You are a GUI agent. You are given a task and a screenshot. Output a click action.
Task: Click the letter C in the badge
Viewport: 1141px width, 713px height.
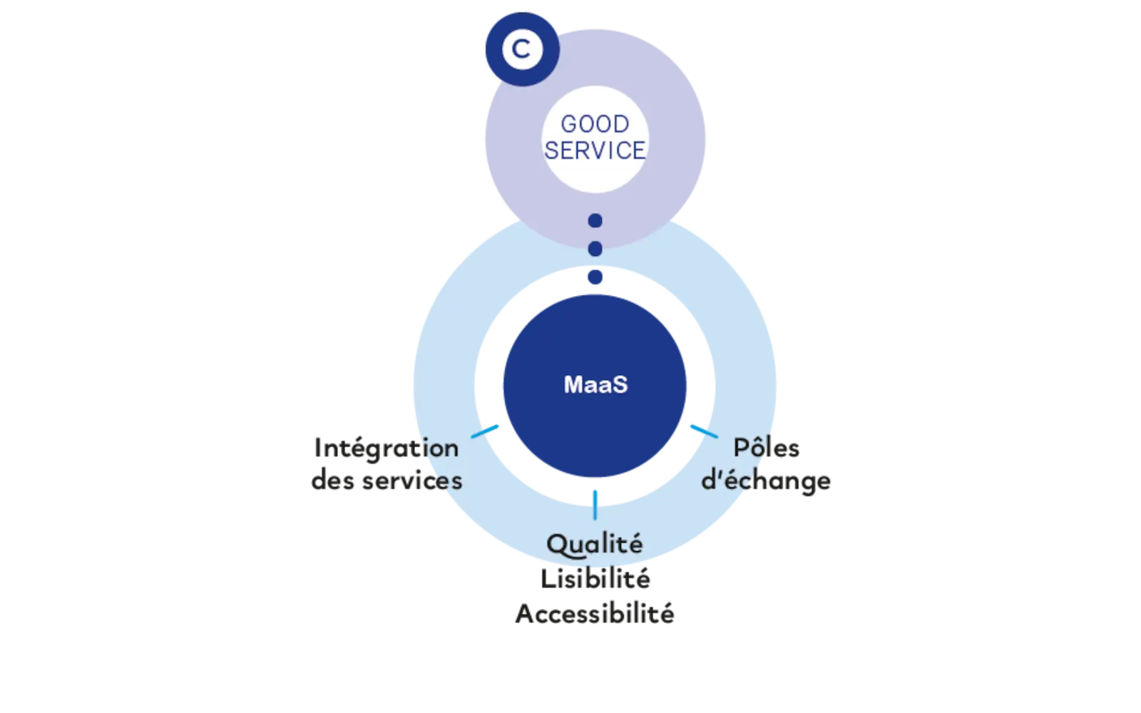tap(521, 49)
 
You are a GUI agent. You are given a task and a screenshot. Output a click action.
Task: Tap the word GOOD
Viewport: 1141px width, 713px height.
tap(595, 124)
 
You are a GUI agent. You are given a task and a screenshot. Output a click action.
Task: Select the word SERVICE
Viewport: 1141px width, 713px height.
tap(595, 150)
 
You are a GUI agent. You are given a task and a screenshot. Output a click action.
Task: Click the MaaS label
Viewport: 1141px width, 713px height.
tap(595, 385)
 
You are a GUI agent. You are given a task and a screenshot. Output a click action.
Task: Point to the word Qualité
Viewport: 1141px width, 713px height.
tap(595, 545)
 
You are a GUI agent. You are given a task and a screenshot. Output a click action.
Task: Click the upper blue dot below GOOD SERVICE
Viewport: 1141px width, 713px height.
tap(595, 221)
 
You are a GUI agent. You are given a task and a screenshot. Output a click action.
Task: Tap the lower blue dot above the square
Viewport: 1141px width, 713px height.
tap(595, 249)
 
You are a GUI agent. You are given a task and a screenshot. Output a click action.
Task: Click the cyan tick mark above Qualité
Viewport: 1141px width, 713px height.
tap(595, 503)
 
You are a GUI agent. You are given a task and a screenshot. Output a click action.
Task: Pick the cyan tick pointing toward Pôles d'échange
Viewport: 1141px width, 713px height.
tap(702, 430)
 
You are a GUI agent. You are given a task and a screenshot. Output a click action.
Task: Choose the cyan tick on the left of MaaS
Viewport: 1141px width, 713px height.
tap(486, 430)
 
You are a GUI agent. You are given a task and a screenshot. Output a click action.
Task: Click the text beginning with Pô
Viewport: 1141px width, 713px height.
tap(768, 448)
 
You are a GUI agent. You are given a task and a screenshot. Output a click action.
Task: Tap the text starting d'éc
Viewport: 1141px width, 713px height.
tap(766, 480)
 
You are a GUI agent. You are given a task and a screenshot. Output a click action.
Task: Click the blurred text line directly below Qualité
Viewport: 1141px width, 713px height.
tap(595, 580)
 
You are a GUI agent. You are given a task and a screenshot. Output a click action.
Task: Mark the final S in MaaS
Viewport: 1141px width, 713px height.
tap(620, 385)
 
